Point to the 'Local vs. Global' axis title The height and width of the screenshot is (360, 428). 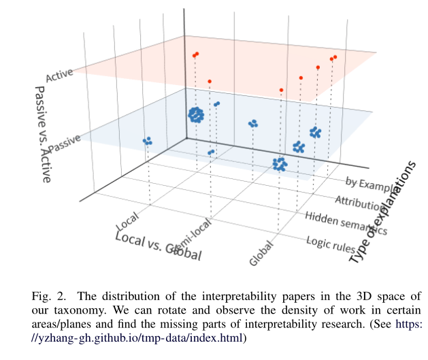(159, 246)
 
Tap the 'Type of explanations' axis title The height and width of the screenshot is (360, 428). (382, 212)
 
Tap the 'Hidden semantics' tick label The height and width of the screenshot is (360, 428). (346, 223)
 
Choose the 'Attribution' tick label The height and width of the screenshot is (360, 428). (358, 203)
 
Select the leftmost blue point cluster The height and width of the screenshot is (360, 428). (147, 141)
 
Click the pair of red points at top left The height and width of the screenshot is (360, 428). (195, 54)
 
